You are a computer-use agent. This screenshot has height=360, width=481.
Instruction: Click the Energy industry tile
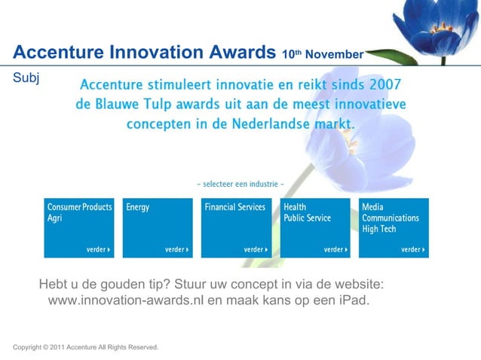click(x=157, y=227)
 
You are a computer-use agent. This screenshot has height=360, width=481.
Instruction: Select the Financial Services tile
click(x=237, y=227)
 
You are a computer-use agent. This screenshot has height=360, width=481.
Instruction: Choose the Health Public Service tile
click(x=315, y=227)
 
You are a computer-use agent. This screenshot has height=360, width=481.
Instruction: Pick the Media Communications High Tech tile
click(x=394, y=227)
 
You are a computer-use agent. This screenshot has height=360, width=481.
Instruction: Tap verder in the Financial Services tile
click(x=256, y=249)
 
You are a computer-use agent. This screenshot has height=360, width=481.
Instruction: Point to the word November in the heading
click(x=335, y=54)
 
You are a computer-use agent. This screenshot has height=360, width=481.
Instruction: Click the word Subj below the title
click(x=26, y=77)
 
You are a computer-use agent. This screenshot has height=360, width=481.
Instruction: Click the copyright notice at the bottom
click(x=85, y=347)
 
